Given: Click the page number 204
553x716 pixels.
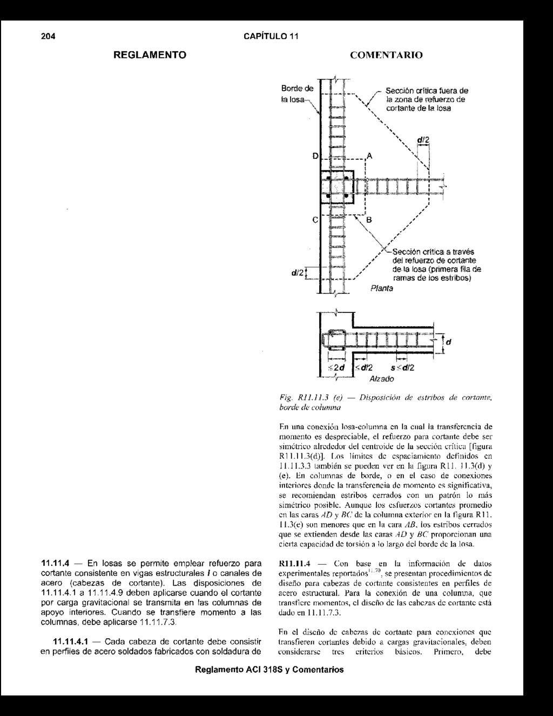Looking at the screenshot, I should coord(49,37).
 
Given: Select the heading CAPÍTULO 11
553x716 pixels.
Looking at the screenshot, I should coord(271,37).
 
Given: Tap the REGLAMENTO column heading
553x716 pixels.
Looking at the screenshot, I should coord(150,55).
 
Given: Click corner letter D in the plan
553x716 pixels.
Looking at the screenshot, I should coord(315,156).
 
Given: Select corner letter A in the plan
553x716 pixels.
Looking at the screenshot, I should coord(369,156).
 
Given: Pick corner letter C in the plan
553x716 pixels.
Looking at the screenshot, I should coord(315,220).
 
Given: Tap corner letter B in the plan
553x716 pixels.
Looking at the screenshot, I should coord(369,220).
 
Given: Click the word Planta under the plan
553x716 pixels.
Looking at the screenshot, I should coord(382,289).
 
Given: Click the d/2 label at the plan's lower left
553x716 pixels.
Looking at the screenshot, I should coord(297,274).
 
